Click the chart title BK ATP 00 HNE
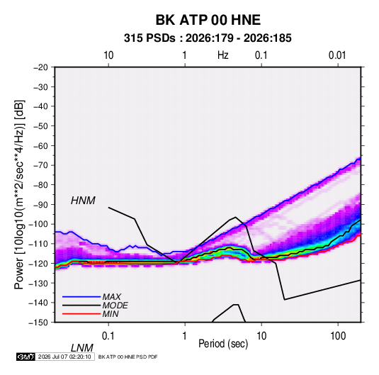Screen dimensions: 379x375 208,20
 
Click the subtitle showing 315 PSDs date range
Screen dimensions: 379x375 208,38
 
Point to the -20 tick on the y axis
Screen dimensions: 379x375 40,67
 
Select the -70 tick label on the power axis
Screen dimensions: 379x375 40,165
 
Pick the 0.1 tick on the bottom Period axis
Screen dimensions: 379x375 108,336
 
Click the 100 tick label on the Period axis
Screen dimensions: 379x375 338,336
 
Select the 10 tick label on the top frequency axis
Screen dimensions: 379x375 108,55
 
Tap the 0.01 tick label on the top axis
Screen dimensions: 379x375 337,55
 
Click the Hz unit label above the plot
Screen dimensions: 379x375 223,55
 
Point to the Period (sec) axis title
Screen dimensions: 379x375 223,344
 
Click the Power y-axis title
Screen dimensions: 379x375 19,195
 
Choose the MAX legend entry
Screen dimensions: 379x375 111,296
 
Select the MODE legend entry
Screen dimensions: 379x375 115,306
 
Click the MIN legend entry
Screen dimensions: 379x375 111,314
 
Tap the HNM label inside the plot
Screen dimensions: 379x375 83,201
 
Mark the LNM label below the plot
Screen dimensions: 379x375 81,348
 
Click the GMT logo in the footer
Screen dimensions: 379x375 26,357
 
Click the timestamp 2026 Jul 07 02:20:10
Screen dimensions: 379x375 64,357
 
